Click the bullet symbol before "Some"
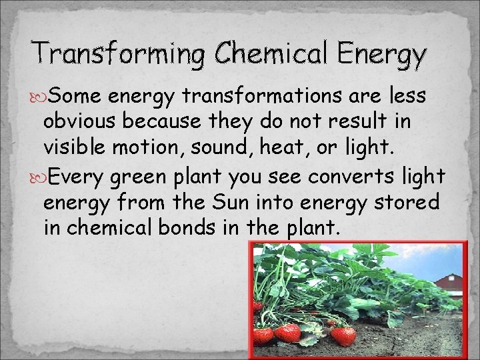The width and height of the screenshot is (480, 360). (38, 97)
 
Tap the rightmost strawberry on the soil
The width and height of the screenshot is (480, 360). (343, 335)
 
